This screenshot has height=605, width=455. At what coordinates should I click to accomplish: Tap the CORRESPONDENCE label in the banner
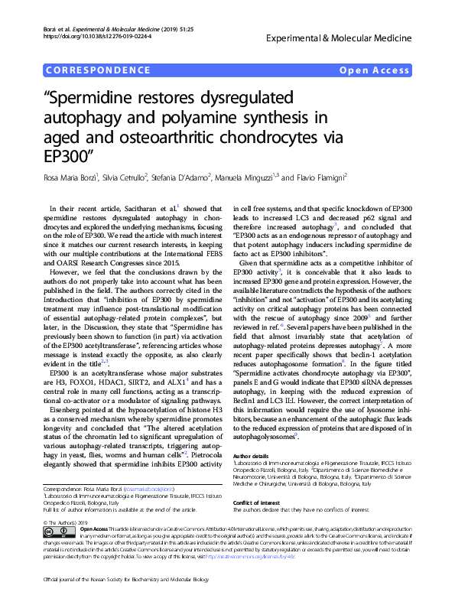(97, 70)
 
